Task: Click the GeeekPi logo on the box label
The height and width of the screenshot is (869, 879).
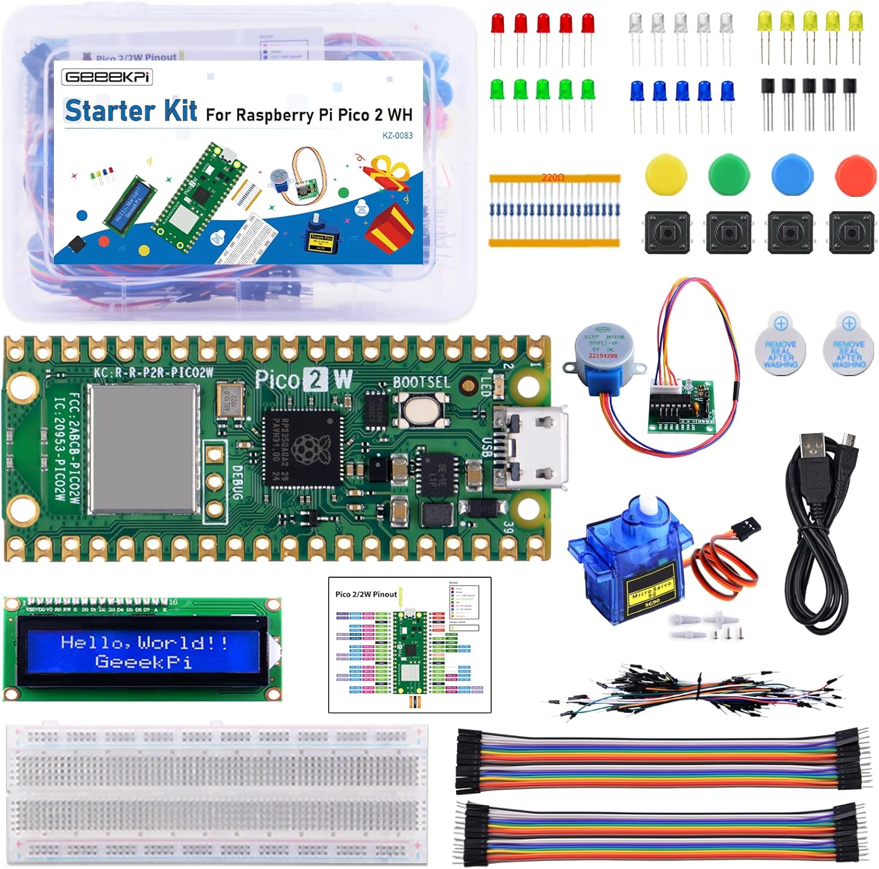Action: point(107,77)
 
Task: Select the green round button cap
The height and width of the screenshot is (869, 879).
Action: point(729,174)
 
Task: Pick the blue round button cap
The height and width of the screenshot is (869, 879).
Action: point(792,174)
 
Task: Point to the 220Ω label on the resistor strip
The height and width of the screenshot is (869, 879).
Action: point(553,177)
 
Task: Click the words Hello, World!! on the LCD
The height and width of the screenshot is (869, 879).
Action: point(144,643)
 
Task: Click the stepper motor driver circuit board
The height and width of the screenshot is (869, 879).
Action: point(684,406)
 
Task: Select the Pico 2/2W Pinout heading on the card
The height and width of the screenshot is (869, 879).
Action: point(366,594)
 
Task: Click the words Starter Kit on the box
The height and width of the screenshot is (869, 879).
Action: point(131,111)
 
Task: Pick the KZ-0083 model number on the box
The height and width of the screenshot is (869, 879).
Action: point(397,135)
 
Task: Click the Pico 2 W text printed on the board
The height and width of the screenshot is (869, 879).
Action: point(304,380)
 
